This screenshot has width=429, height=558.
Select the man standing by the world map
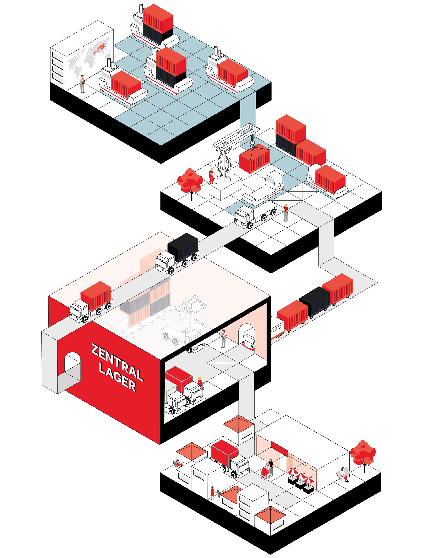(x=82, y=84)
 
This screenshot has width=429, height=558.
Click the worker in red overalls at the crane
(x=211, y=176)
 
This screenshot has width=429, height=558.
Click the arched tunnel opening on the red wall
(x=72, y=364)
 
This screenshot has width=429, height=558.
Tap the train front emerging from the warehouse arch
(x=248, y=339)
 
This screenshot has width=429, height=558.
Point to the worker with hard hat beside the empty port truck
(x=286, y=212)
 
